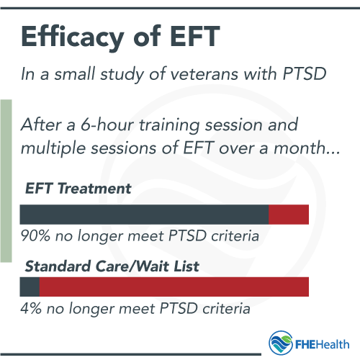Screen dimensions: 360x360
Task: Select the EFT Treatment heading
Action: point(78,189)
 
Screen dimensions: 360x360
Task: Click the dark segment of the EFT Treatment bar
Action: point(144,214)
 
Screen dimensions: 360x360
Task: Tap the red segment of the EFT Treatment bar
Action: point(289,214)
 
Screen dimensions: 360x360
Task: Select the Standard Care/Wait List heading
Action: point(112,266)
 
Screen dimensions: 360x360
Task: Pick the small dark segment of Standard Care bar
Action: point(30,287)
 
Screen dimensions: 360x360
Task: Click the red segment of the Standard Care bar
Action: point(174,287)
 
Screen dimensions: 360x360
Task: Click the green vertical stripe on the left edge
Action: point(6,180)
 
